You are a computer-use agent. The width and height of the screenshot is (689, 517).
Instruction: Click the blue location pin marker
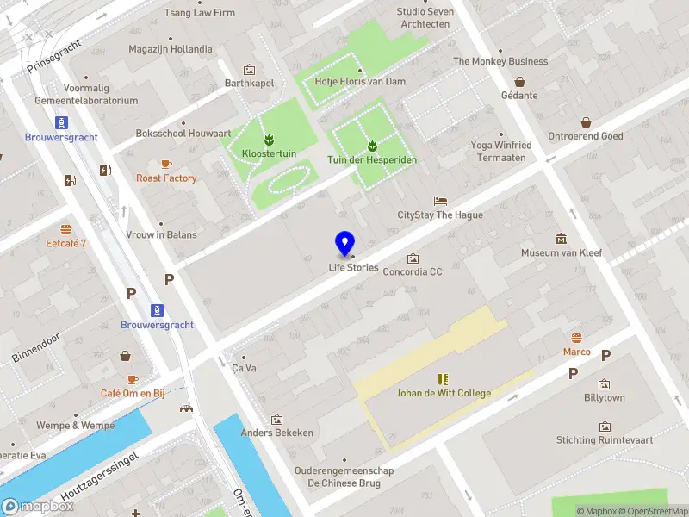344,244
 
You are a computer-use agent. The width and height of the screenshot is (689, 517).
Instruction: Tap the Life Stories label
353,267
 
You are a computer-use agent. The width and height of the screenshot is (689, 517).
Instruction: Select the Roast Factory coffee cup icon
166,164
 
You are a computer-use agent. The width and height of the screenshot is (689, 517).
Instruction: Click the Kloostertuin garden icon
269,139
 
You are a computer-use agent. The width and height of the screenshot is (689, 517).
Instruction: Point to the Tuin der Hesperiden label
372,160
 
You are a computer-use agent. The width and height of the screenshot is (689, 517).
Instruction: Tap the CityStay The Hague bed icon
440,200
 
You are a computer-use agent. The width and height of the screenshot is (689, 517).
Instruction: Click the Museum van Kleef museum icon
562,238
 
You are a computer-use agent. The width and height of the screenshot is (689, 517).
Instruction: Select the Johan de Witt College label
443,394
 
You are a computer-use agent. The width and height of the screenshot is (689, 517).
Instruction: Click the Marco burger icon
576,337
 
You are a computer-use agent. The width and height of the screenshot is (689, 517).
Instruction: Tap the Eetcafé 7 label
66,244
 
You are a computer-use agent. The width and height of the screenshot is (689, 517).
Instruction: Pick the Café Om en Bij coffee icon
133,379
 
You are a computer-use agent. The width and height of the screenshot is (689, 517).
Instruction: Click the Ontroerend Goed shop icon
586,122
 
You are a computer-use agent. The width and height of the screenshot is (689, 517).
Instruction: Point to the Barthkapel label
249,84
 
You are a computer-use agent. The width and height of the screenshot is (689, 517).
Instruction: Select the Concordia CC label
412,272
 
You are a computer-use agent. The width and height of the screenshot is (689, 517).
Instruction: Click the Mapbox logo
38,507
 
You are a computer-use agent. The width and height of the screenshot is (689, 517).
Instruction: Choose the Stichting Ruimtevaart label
605,440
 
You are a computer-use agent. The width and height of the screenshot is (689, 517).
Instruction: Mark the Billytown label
605,398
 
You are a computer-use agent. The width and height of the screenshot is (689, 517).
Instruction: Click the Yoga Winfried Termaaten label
501,152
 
